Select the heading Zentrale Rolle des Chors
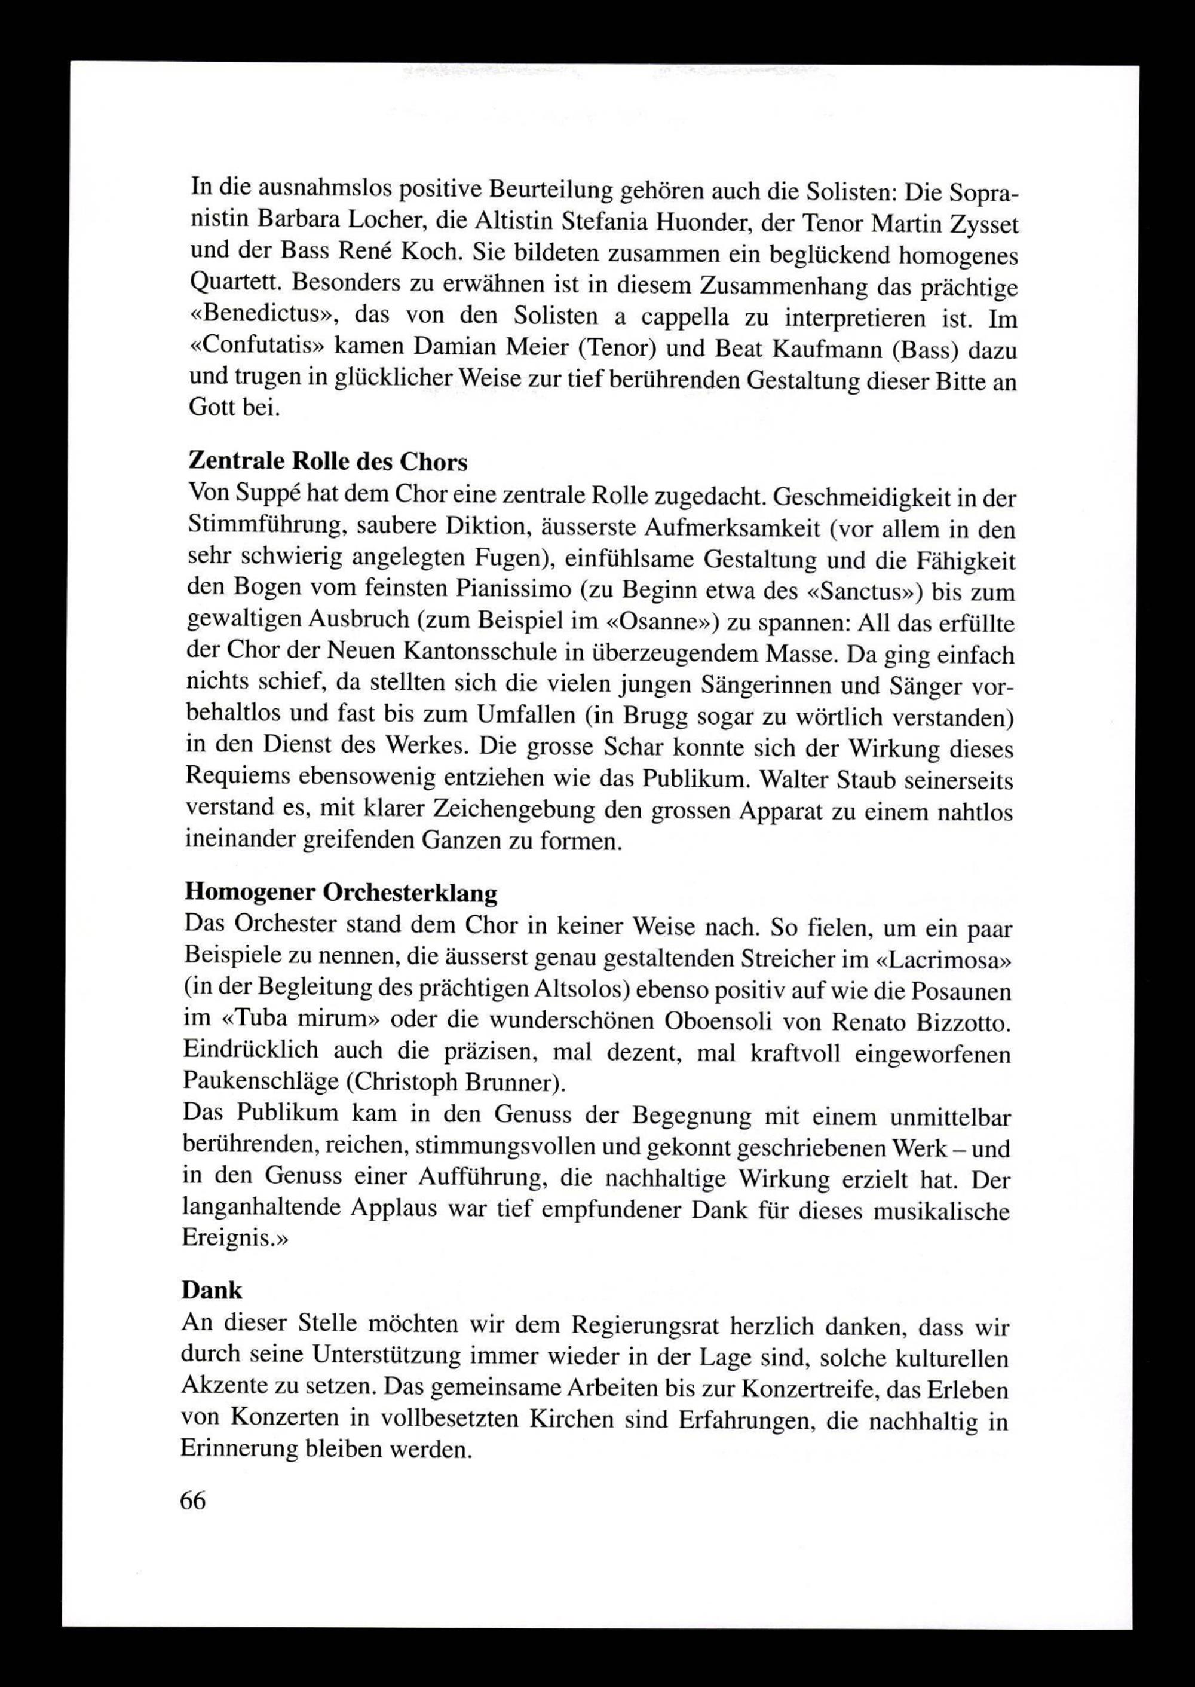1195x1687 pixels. [327, 462]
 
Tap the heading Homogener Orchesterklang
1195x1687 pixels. [341, 892]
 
